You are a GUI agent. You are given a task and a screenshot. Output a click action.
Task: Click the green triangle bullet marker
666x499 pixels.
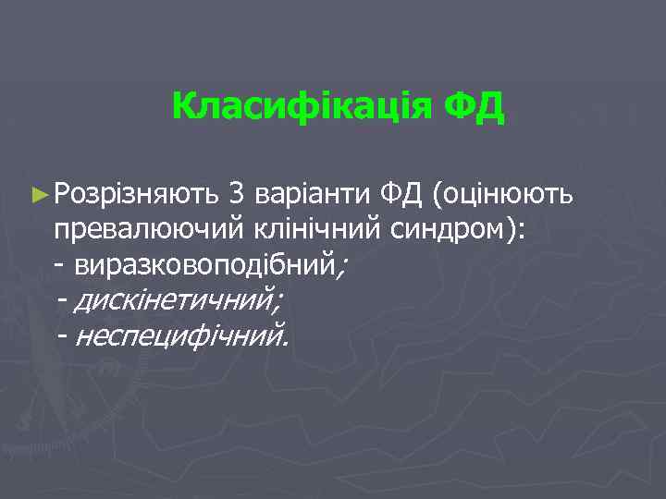[38, 195]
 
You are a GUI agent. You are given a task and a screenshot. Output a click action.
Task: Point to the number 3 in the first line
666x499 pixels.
[237, 194]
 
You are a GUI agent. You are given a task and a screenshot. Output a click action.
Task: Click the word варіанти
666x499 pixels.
[313, 194]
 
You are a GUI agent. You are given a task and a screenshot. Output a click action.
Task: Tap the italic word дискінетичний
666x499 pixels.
[176, 300]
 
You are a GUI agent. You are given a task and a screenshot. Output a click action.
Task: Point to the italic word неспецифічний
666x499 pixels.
[177, 335]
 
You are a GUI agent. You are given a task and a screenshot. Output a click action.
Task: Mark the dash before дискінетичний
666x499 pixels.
[63, 300]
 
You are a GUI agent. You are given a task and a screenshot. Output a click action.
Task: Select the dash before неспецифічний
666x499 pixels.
[63, 335]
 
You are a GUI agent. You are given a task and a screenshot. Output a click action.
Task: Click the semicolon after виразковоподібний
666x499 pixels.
[342, 268]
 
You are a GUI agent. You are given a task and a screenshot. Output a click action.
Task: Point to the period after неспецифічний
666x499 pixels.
[286, 341]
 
